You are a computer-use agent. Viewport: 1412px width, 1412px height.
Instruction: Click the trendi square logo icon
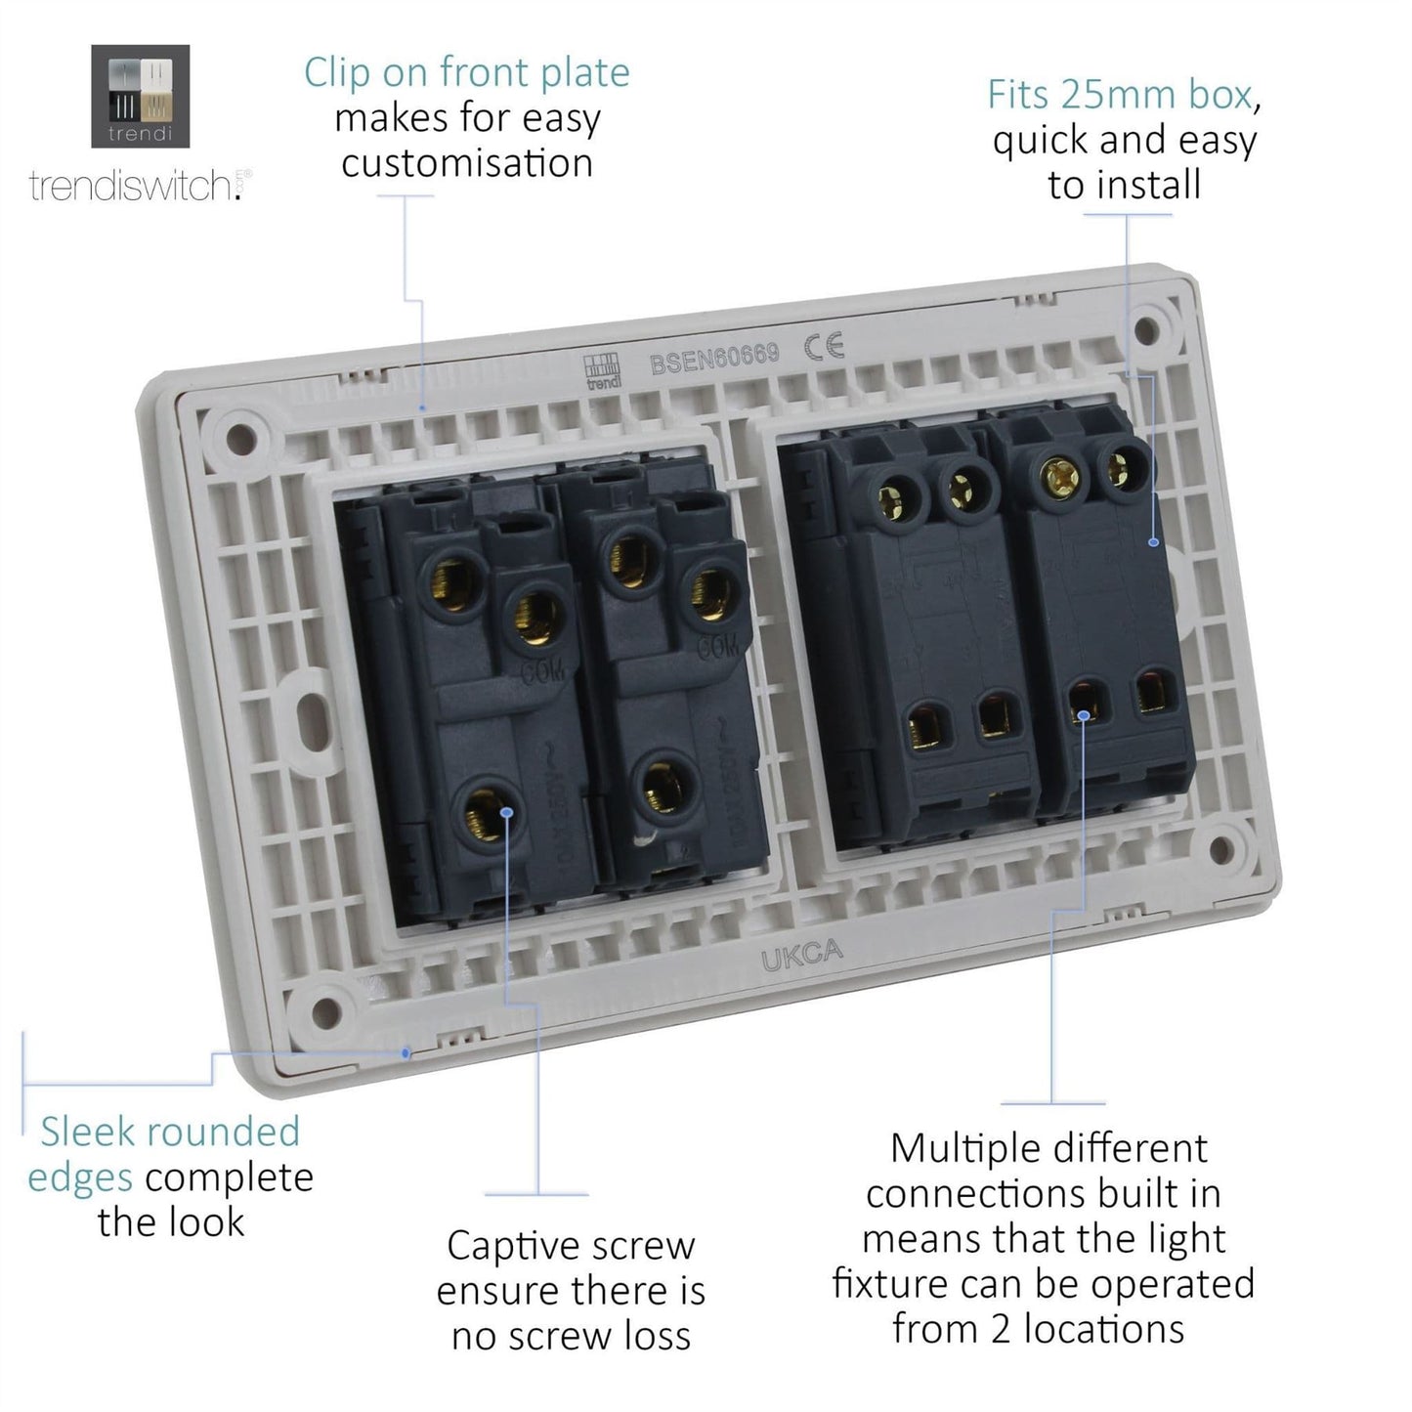coord(140,96)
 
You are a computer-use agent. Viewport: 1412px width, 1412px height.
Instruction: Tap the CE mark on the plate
coord(824,347)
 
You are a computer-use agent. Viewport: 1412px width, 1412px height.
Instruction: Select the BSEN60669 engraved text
coord(714,359)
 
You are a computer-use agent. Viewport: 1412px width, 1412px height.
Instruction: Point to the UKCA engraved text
coord(801,955)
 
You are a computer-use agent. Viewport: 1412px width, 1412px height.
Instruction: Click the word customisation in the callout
coord(467,163)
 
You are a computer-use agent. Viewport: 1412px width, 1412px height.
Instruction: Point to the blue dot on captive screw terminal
coord(506,811)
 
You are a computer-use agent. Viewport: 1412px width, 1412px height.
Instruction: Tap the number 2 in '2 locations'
coord(1001,1330)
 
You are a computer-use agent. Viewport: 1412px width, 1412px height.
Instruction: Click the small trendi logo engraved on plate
coord(602,371)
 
